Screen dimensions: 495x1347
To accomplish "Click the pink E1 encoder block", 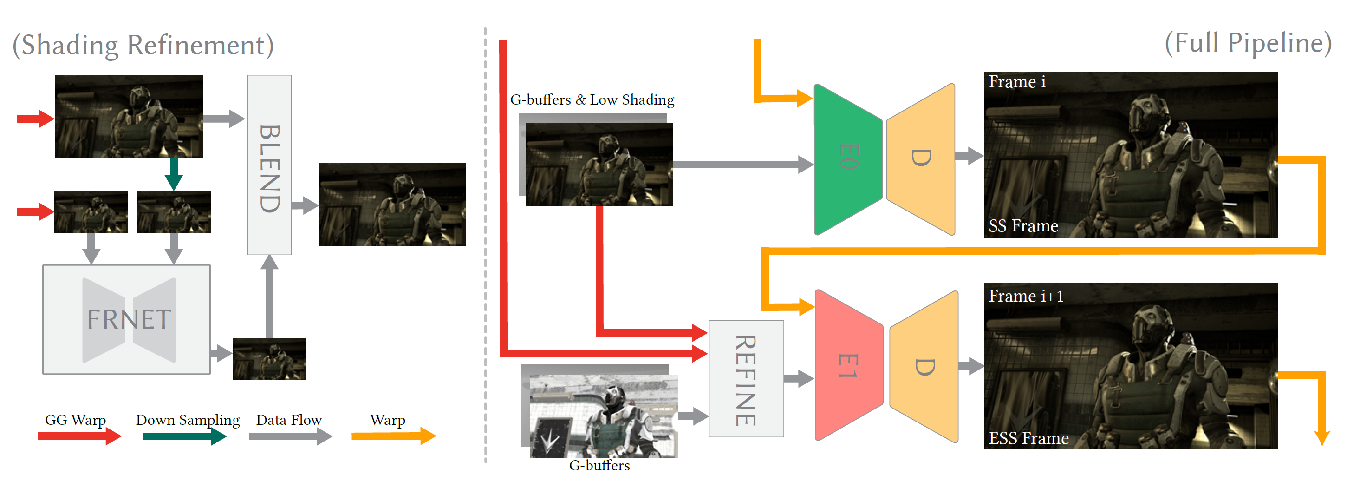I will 848,365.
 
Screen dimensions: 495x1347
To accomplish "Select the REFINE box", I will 746,379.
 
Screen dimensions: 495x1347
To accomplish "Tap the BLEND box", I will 269,165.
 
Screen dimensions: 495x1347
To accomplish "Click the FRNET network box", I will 127,319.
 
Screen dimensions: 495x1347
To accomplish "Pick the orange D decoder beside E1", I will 924,366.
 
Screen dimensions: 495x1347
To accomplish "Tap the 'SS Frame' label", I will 1023,226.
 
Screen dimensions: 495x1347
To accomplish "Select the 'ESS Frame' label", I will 1028,438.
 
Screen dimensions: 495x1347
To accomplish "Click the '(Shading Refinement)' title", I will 143,45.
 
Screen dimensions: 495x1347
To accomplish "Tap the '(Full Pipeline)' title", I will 1248,43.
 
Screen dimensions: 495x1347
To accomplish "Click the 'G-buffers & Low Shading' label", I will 592,99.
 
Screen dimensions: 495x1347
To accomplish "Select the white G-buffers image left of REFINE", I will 604,416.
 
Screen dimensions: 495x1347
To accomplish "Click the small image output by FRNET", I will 269,359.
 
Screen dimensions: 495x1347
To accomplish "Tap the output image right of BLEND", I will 392,204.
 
